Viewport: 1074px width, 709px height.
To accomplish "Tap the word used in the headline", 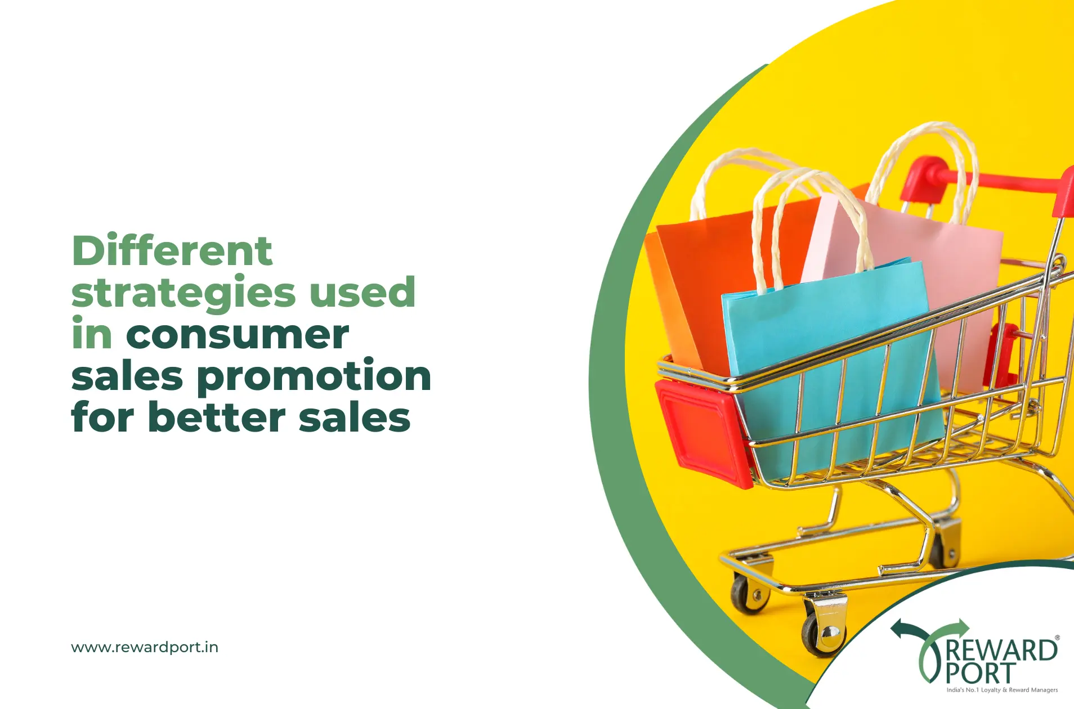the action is coord(363,291).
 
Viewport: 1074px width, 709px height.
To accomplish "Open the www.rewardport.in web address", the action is coord(145,647).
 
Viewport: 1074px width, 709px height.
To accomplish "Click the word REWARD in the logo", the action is coord(1002,650).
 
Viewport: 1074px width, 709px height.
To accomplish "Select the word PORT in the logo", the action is coord(981,673).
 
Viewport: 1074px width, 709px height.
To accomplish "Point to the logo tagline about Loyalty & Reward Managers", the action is coord(1002,690).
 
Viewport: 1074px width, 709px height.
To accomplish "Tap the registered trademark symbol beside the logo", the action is coord(1057,638).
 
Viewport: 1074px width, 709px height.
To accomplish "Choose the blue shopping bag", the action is coord(830,360).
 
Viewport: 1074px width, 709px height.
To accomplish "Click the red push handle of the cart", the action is coord(991,180).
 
